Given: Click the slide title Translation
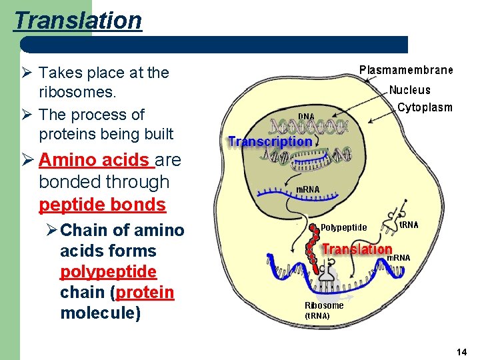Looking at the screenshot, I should [78, 20].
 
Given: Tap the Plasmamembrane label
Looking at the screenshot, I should [406, 70].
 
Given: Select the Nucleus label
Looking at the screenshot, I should [409, 90].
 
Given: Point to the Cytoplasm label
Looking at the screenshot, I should [425, 107].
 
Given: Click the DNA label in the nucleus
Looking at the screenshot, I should [306, 117].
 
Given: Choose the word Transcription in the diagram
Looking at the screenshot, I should [269, 141].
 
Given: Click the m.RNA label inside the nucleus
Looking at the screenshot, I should [307, 189].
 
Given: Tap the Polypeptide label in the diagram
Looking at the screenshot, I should [343, 227].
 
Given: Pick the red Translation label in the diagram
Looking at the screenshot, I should [357, 249].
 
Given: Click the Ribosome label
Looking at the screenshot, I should [324, 305].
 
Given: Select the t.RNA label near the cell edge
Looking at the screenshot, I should [408, 225].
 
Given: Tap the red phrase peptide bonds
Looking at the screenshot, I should [102, 203].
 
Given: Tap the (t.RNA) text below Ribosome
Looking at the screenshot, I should [317, 315].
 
